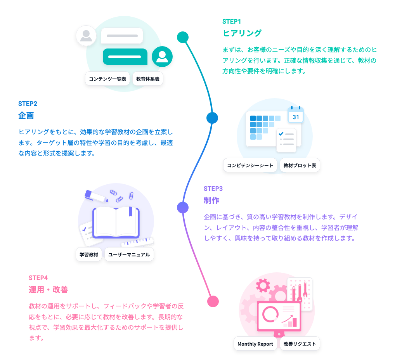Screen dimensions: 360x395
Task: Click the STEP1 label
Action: [x=232, y=21]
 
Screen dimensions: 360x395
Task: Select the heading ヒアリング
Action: [x=242, y=33]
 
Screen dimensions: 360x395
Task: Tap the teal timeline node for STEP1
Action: [x=183, y=37]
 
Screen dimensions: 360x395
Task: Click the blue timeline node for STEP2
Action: [x=212, y=118]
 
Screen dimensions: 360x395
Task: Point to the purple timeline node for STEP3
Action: [x=183, y=208]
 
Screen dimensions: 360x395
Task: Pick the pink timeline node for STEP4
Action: [x=213, y=301]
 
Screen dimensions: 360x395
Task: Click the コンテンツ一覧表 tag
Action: [x=107, y=79]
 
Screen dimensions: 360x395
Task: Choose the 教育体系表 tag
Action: [x=148, y=79]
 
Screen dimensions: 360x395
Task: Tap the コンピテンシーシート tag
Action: [x=250, y=165]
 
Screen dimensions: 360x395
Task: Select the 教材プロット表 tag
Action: [x=300, y=165]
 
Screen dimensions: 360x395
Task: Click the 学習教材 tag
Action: [x=89, y=254]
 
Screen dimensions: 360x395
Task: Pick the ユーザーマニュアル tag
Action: [x=129, y=254]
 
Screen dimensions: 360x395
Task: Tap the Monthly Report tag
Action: [x=255, y=344]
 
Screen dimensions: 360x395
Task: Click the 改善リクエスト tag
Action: [x=300, y=344]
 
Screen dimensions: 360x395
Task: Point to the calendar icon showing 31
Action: [x=296, y=115]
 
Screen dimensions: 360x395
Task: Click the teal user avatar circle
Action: [x=162, y=57]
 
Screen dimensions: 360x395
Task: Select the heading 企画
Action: [x=26, y=116]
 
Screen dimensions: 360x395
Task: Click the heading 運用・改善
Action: [x=48, y=289]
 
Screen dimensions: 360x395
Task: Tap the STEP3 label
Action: [x=213, y=189]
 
